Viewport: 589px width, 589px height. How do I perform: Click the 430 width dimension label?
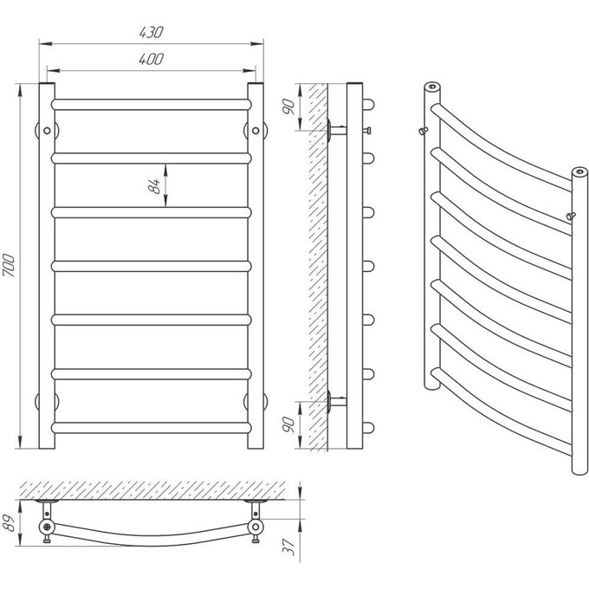(x=151, y=33)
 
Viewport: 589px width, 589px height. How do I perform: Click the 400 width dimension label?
(x=151, y=60)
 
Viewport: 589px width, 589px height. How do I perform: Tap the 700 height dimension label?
(x=9, y=265)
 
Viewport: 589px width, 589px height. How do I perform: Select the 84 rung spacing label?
(x=154, y=186)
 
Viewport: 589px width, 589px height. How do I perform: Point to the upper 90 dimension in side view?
(x=288, y=107)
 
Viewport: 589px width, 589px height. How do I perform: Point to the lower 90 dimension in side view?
(x=288, y=424)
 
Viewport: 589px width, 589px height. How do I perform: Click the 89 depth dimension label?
(x=9, y=523)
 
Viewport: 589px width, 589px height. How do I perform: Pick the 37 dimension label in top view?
(x=289, y=547)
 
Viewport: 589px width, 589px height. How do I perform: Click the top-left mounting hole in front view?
(x=47, y=131)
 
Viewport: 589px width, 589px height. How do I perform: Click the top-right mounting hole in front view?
(x=256, y=131)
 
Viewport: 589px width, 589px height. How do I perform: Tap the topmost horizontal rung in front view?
(x=151, y=105)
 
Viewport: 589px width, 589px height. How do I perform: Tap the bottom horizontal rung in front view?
(x=151, y=428)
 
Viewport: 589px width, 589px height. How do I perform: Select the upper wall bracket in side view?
(x=337, y=130)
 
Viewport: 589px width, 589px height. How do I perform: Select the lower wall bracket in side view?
(x=337, y=401)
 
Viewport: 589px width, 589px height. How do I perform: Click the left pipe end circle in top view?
(x=47, y=527)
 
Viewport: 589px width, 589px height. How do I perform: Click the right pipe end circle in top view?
(x=256, y=527)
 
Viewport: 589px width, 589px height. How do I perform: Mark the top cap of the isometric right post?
(x=580, y=172)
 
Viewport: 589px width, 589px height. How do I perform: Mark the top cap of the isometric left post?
(x=432, y=87)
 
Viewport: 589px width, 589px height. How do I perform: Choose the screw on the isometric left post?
(x=424, y=131)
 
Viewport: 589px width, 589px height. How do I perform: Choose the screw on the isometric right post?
(x=571, y=216)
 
